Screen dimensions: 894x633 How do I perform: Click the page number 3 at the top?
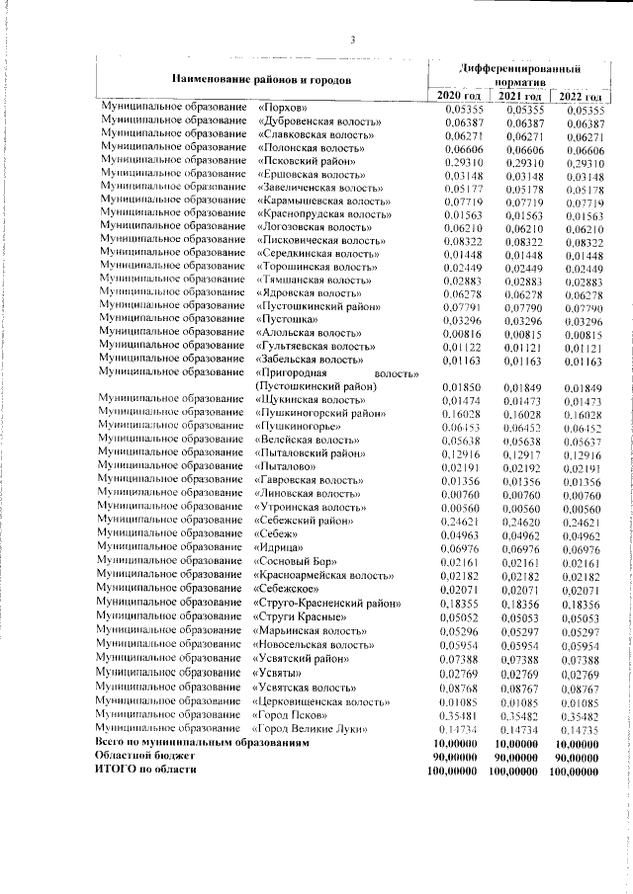(x=353, y=41)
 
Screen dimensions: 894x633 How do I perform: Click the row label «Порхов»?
(x=283, y=108)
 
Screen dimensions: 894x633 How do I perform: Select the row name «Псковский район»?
(x=304, y=161)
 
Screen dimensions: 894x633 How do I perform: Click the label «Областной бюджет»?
(x=144, y=755)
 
